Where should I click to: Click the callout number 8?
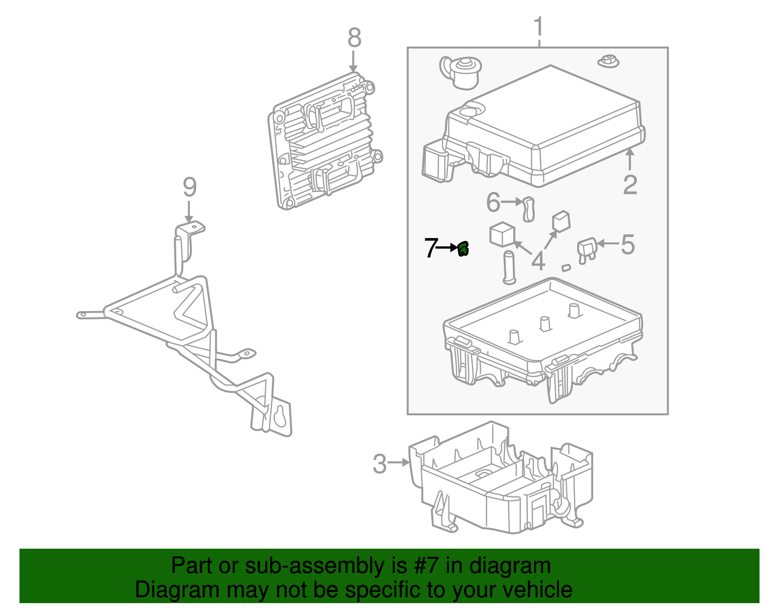pos(354,38)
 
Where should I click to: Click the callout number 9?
pos(189,187)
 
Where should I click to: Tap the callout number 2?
pos(630,185)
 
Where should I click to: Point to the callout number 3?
pos(379,464)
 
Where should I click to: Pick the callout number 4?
pos(538,261)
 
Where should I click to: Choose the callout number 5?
pos(628,244)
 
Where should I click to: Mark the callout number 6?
pos(493,202)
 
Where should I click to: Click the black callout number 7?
pos(430,248)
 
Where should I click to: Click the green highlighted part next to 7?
pos(463,249)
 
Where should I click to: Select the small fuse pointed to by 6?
pos(528,209)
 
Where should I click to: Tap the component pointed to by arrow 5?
pos(586,250)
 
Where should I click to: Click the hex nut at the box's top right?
pos(607,61)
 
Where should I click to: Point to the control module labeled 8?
pos(324,141)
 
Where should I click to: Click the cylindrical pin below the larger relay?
pos(508,267)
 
